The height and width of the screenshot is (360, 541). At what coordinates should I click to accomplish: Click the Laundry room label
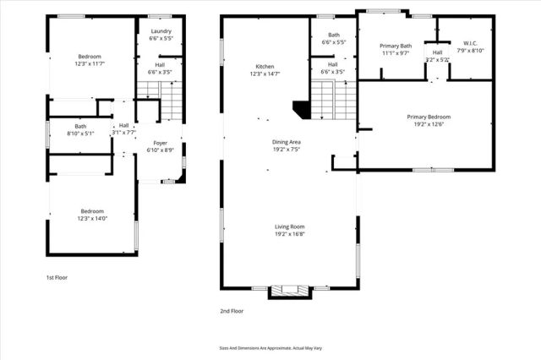click(x=160, y=31)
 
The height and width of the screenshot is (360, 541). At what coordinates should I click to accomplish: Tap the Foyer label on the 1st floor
click(x=160, y=142)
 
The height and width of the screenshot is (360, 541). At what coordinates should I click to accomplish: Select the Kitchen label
click(x=265, y=67)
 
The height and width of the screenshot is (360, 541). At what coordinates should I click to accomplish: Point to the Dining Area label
click(x=287, y=142)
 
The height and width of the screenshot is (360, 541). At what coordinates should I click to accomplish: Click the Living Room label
click(x=289, y=226)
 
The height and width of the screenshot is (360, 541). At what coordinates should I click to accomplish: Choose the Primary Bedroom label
click(x=428, y=117)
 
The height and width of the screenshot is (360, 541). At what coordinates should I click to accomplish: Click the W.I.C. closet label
click(x=471, y=43)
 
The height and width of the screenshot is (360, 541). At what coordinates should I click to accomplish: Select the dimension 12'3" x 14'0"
click(x=92, y=218)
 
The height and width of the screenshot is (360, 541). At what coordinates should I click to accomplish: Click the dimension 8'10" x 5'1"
click(x=80, y=134)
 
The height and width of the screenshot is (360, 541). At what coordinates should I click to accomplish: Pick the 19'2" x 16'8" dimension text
click(x=289, y=234)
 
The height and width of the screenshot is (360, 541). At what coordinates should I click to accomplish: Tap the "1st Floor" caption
click(x=57, y=277)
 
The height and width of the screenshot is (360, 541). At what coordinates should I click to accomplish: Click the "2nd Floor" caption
click(x=232, y=311)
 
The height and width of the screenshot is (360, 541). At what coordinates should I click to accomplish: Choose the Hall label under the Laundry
click(x=160, y=64)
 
